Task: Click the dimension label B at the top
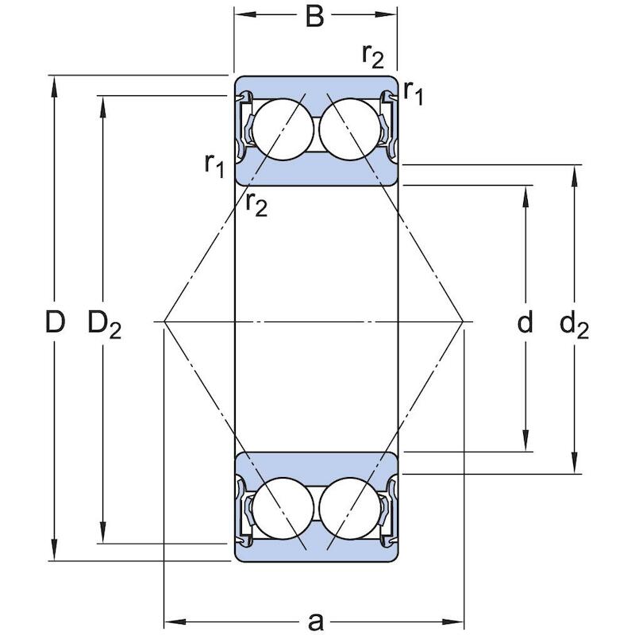(314, 17)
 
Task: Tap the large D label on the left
(55, 322)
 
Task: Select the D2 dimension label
(105, 325)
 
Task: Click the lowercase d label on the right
(525, 322)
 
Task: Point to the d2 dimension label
(574, 325)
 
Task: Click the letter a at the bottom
(316, 621)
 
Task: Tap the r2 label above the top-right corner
(372, 56)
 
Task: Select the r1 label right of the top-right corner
(413, 93)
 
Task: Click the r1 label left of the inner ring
(214, 166)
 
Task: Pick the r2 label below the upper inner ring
(256, 205)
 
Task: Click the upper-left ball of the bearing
(283, 129)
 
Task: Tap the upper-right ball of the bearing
(350, 129)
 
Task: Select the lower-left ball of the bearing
(283, 509)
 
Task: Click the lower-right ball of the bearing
(350, 509)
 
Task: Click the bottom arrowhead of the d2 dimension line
(574, 463)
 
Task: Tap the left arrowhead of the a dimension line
(175, 622)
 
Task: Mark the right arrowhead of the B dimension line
(386, 14)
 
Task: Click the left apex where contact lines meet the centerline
(164, 321)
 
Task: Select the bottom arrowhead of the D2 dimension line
(103, 533)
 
